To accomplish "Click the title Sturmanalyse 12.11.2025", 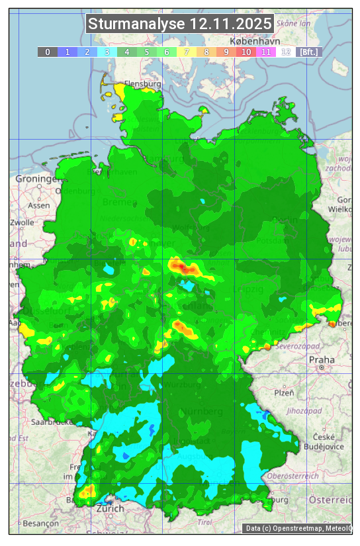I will tap(180, 24).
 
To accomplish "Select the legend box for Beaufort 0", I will tap(47, 52).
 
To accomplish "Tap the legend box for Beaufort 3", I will tap(107, 52).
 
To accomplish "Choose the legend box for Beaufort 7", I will tap(187, 52).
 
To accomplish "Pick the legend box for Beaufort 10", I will tap(246, 52).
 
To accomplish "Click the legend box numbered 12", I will tap(286, 52).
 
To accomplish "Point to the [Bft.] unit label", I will tap(308, 52).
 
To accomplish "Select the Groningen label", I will tap(37, 179).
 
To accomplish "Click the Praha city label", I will tap(322, 359).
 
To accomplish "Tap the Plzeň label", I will tap(285, 392).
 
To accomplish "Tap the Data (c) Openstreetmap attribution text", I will tap(298, 528).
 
